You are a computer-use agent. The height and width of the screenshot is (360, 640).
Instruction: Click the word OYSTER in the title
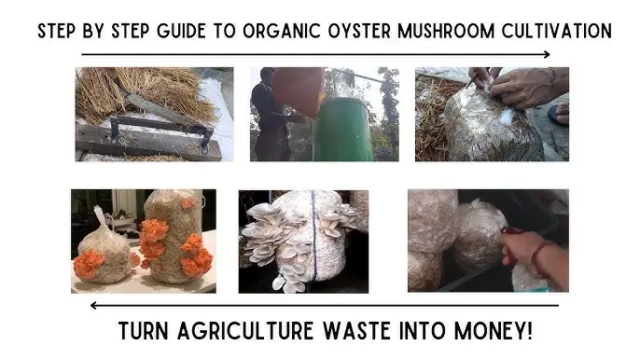pyautogui.click(x=359, y=31)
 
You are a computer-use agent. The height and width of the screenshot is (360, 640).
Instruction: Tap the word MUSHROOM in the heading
pyautogui.click(x=446, y=31)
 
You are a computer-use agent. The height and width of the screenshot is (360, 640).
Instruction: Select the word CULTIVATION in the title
pyautogui.click(x=557, y=31)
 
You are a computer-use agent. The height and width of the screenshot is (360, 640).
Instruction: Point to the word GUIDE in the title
pyautogui.click(x=181, y=31)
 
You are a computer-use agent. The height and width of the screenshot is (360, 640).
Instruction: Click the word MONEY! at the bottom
pyautogui.click(x=494, y=330)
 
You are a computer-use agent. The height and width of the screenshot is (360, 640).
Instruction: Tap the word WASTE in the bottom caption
pyautogui.click(x=357, y=330)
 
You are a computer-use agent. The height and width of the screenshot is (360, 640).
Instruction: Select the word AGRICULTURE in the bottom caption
pyautogui.click(x=245, y=330)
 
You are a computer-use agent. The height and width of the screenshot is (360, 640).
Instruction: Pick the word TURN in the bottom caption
pyautogui.click(x=144, y=330)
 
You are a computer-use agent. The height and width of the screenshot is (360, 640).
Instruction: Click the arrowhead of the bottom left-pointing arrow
pyautogui.click(x=93, y=305)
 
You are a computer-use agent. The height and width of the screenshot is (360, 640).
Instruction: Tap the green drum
pyautogui.click(x=342, y=130)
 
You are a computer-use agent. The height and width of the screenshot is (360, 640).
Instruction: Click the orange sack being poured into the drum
pyautogui.click(x=299, y=90)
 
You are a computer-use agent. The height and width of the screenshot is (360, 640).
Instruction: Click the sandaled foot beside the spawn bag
pyautogui.click(x=561, y=114)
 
